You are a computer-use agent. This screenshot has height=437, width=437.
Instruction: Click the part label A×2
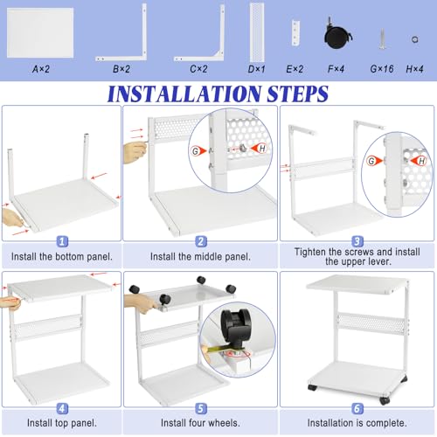(41, 69)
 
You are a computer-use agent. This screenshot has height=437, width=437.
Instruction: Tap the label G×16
(382, 69)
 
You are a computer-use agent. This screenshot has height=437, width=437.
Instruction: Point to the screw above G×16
(383, 38)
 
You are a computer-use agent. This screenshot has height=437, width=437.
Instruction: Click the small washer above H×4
(415, 39)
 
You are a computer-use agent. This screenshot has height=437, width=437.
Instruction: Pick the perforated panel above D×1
(257, 31)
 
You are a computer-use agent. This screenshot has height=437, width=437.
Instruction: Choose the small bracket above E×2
(295, 33)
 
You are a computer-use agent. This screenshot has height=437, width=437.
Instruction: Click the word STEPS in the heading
(298, 94)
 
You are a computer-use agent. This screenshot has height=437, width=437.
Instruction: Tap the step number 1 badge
(62, 241)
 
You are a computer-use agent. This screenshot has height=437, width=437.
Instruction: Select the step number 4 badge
(62, 408)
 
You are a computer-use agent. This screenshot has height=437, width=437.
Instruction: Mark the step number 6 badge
(357, 408)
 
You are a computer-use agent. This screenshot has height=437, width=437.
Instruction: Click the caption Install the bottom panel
(62, 257)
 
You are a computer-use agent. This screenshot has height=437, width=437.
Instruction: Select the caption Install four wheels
(200, 423)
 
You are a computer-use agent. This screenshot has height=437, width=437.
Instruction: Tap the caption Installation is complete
(357, 423)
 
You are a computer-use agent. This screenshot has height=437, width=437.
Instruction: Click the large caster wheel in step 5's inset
(236, 324)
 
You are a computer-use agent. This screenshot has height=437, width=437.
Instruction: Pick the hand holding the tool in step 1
(11, 218)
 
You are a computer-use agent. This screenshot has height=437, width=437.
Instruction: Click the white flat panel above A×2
(40, 32)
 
